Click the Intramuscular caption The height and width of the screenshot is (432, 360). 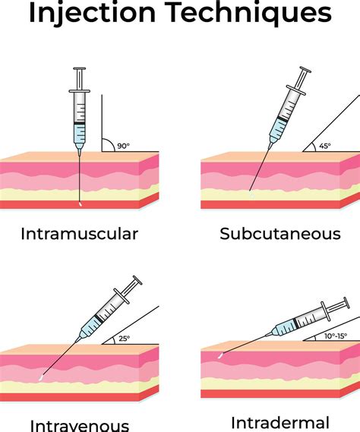[79, 233]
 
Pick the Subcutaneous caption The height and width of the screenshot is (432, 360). [280, 233]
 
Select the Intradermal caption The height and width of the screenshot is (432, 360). [279, 422]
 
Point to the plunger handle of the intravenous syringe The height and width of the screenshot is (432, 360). [136, 282]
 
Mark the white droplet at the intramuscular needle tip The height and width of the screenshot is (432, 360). [79, 203]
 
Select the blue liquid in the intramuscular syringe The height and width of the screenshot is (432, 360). [79, 134]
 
